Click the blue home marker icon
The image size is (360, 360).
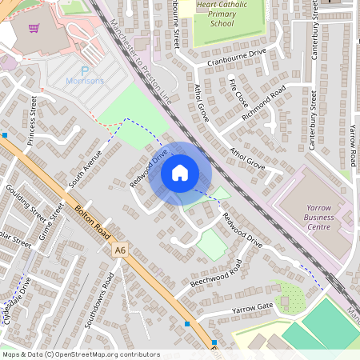pos(180,172)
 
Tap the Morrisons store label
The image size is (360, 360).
pos(85,82)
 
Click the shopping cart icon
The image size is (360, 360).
pos(34,29)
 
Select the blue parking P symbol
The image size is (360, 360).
pos(84,71)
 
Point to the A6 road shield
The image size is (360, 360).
pos(120,250)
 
